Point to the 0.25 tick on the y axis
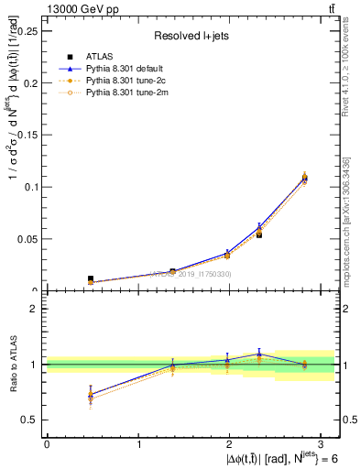[x=27, y=30]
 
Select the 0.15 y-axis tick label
[x=27, y=135]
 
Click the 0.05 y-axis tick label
[x=27, y=239]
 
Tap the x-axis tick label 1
[x=139, y=442]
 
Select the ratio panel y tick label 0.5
[x=30, y=420]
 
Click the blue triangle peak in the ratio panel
[x=259, y=353]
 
